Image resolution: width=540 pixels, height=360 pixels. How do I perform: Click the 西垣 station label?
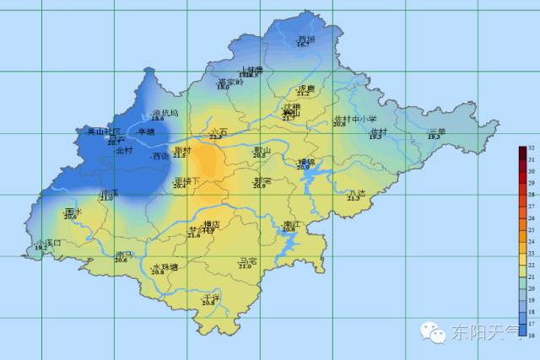tap(305, 39)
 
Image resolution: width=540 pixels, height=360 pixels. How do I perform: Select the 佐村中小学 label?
tap(354, 119)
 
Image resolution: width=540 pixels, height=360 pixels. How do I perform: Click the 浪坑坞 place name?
tap(165, 113)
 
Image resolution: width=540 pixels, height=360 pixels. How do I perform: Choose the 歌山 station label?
tap(262, 150)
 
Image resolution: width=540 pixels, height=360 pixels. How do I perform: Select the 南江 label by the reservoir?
tap(292, 223)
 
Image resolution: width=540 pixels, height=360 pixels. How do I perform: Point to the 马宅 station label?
tap(247, 261)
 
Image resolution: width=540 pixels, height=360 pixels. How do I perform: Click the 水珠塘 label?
tap(165, 267)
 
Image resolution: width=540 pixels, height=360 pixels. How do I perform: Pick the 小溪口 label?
tap(49, 243)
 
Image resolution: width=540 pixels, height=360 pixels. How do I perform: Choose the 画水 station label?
tap(73, 212)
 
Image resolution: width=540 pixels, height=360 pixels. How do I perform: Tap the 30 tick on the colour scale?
tap(532, 170)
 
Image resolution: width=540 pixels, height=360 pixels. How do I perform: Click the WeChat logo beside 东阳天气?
tap(435, 332)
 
